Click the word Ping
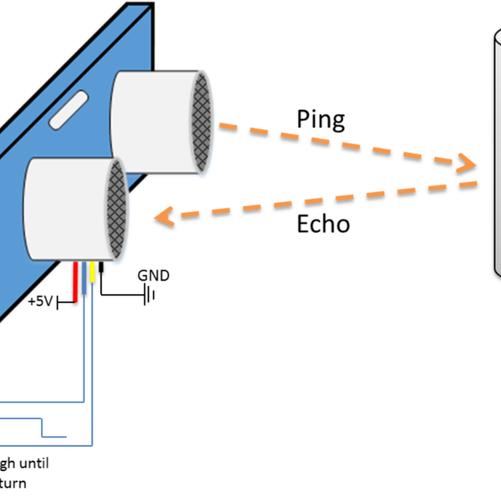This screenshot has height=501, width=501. [321, 119]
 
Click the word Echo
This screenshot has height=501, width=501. [323, 224]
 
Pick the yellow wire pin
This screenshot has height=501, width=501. [93, 274]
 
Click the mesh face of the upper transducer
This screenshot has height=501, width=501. [201, 121]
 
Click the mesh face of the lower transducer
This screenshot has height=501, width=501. [115, 208]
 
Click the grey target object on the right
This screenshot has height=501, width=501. [496, 150]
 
